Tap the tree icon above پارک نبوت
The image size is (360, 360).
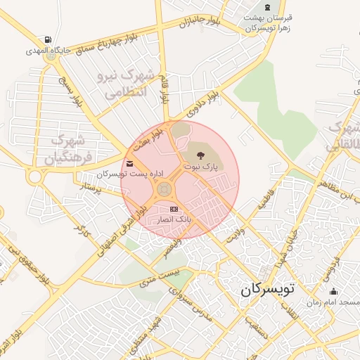202,155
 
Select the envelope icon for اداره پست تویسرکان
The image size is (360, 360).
131,165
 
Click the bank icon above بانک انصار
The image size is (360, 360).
174,210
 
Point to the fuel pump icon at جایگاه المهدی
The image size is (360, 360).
47,39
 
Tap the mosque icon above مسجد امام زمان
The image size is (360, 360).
333,291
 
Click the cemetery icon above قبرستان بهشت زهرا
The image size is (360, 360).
268,6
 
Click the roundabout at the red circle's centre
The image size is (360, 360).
165,188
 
